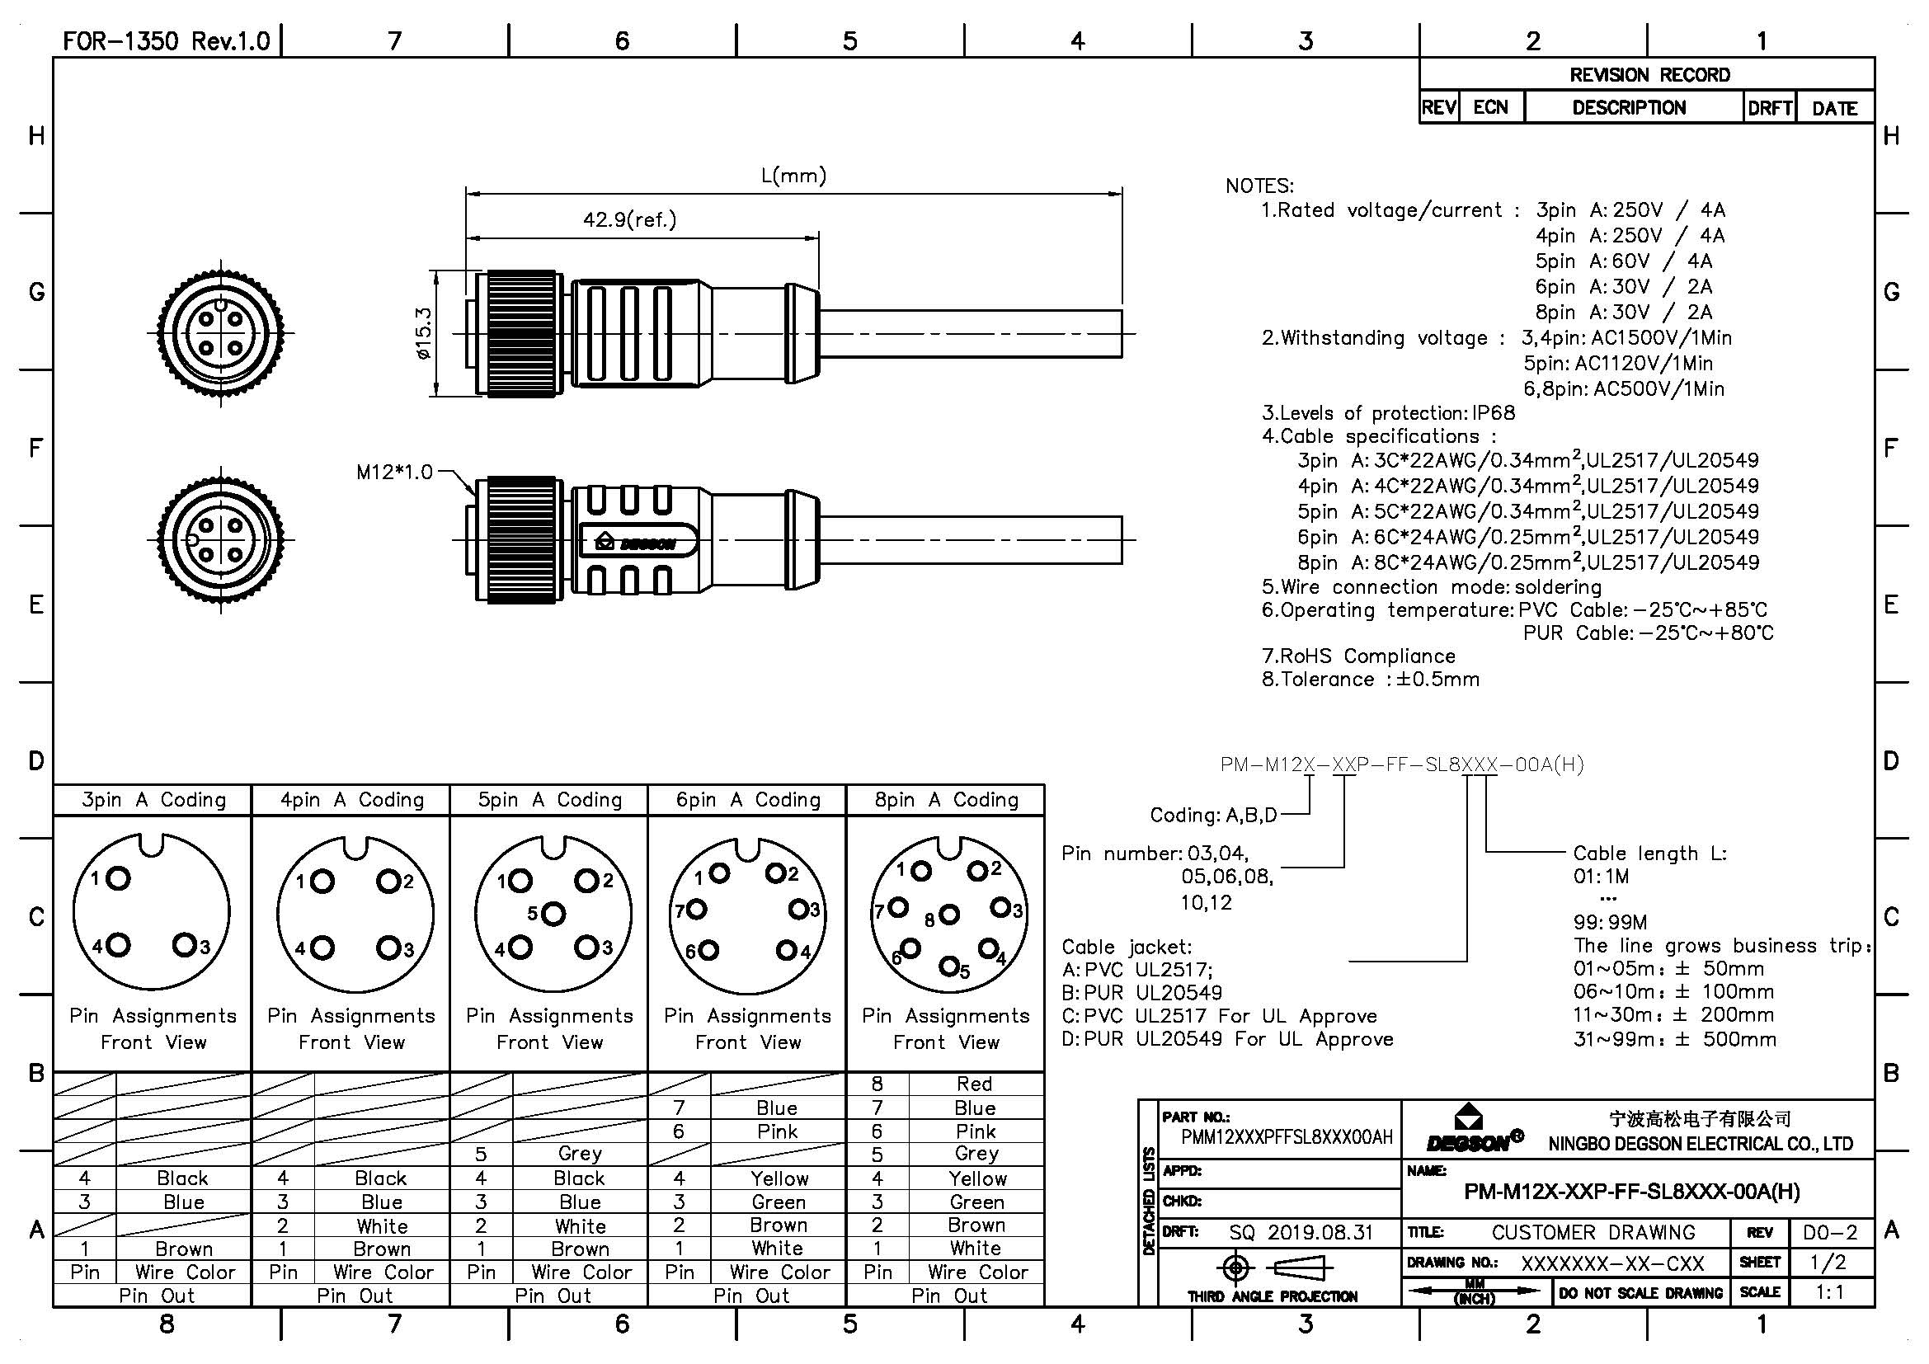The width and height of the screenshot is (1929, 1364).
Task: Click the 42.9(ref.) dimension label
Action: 629,220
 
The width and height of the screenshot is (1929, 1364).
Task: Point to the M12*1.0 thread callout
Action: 394,472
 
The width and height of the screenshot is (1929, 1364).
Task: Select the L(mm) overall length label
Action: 793,176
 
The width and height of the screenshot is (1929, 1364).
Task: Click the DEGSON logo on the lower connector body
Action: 638,543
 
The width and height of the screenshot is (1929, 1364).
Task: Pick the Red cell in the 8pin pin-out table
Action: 974,1084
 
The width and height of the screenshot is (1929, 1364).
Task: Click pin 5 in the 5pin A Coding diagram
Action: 553,913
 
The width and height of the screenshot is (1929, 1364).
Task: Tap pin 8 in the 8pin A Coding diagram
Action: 949,915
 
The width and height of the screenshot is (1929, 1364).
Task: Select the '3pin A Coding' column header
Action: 153,800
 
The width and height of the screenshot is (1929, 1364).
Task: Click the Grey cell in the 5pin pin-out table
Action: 580,1154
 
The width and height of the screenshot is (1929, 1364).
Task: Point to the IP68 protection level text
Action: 1493,413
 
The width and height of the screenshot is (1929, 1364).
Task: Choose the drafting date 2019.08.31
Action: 1320,1233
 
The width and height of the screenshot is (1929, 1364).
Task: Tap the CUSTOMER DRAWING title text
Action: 1593,1233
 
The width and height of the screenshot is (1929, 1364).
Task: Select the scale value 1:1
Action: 1830,1292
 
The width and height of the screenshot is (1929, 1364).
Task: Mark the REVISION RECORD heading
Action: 1649,75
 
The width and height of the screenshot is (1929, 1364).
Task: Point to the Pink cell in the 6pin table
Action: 776,1132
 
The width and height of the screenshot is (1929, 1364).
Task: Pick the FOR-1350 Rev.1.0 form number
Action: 167,41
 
